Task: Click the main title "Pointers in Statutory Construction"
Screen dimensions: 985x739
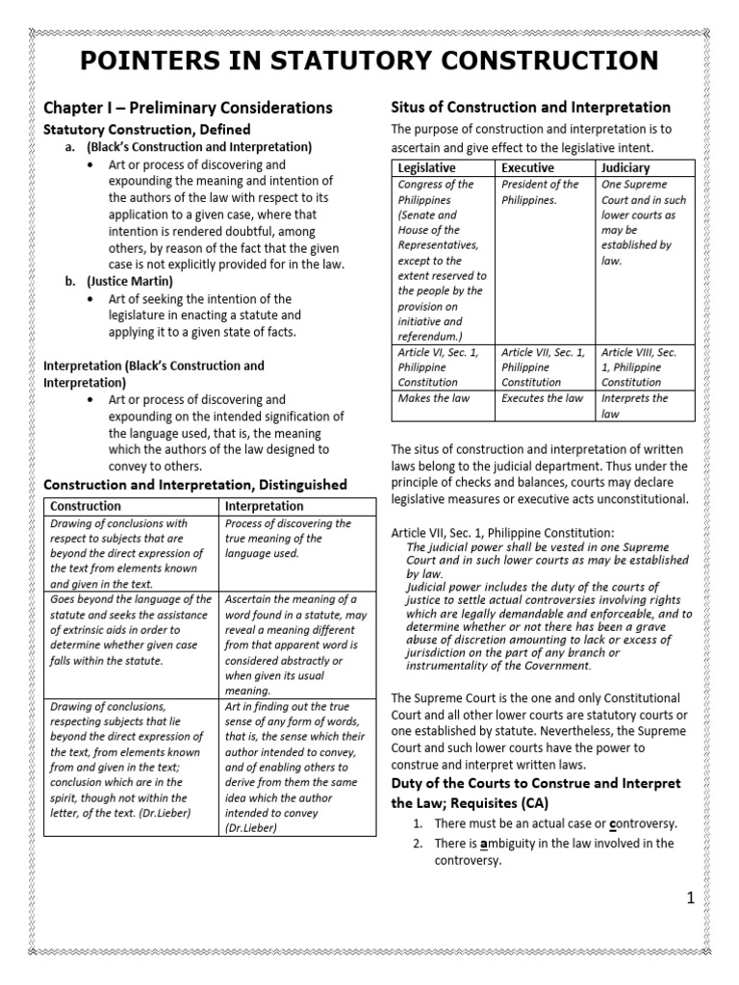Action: (x=369, y=61)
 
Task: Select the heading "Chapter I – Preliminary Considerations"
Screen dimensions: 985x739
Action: (x=189, y=108)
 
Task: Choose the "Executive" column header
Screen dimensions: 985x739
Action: (x=528, y=168)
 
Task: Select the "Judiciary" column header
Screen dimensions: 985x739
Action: (x=625, y=168)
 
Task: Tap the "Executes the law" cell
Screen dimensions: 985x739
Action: (x=542, y=398)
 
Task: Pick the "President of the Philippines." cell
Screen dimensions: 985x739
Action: (x=541, y=192)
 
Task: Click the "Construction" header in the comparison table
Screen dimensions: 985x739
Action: (x=86, y=506)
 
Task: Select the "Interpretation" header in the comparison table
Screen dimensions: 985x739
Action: (x=264, y=506)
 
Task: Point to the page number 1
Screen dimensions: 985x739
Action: (x=690, y=898)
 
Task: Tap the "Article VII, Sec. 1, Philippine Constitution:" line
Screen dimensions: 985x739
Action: (x=501, y=533)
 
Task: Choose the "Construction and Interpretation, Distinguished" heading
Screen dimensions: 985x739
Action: (x=195, y=484)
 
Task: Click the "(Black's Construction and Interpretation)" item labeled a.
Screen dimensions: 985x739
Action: (x=199, y=147)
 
